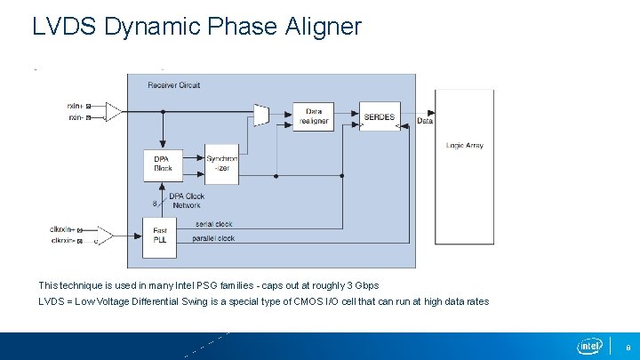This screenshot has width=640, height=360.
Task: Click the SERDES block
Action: (x=380, y=116)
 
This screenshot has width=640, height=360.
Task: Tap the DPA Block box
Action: (x=162, y=164)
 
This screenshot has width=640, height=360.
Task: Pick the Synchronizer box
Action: (x=222, y=164)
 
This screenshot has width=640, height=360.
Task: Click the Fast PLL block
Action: (x=160, y=235)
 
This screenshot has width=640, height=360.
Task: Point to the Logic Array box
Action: (x=464, y=166)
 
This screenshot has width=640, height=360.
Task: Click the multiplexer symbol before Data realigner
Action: (x=261, y=114)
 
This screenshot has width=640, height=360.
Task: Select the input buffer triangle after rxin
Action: (x=113, y=112)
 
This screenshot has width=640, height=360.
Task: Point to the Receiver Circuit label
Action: (x=175, y=85)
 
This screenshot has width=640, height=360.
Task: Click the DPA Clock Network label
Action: (x=186, y=201)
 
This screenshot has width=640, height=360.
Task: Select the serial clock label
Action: (x=213, y=224)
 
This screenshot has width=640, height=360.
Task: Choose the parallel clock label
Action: (x=214, y=238)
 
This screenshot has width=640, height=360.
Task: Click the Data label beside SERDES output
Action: (x=424, y=122)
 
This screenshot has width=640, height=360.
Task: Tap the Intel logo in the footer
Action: (x=589, y=346)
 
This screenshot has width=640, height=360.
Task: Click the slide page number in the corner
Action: (x=628, y=347)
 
